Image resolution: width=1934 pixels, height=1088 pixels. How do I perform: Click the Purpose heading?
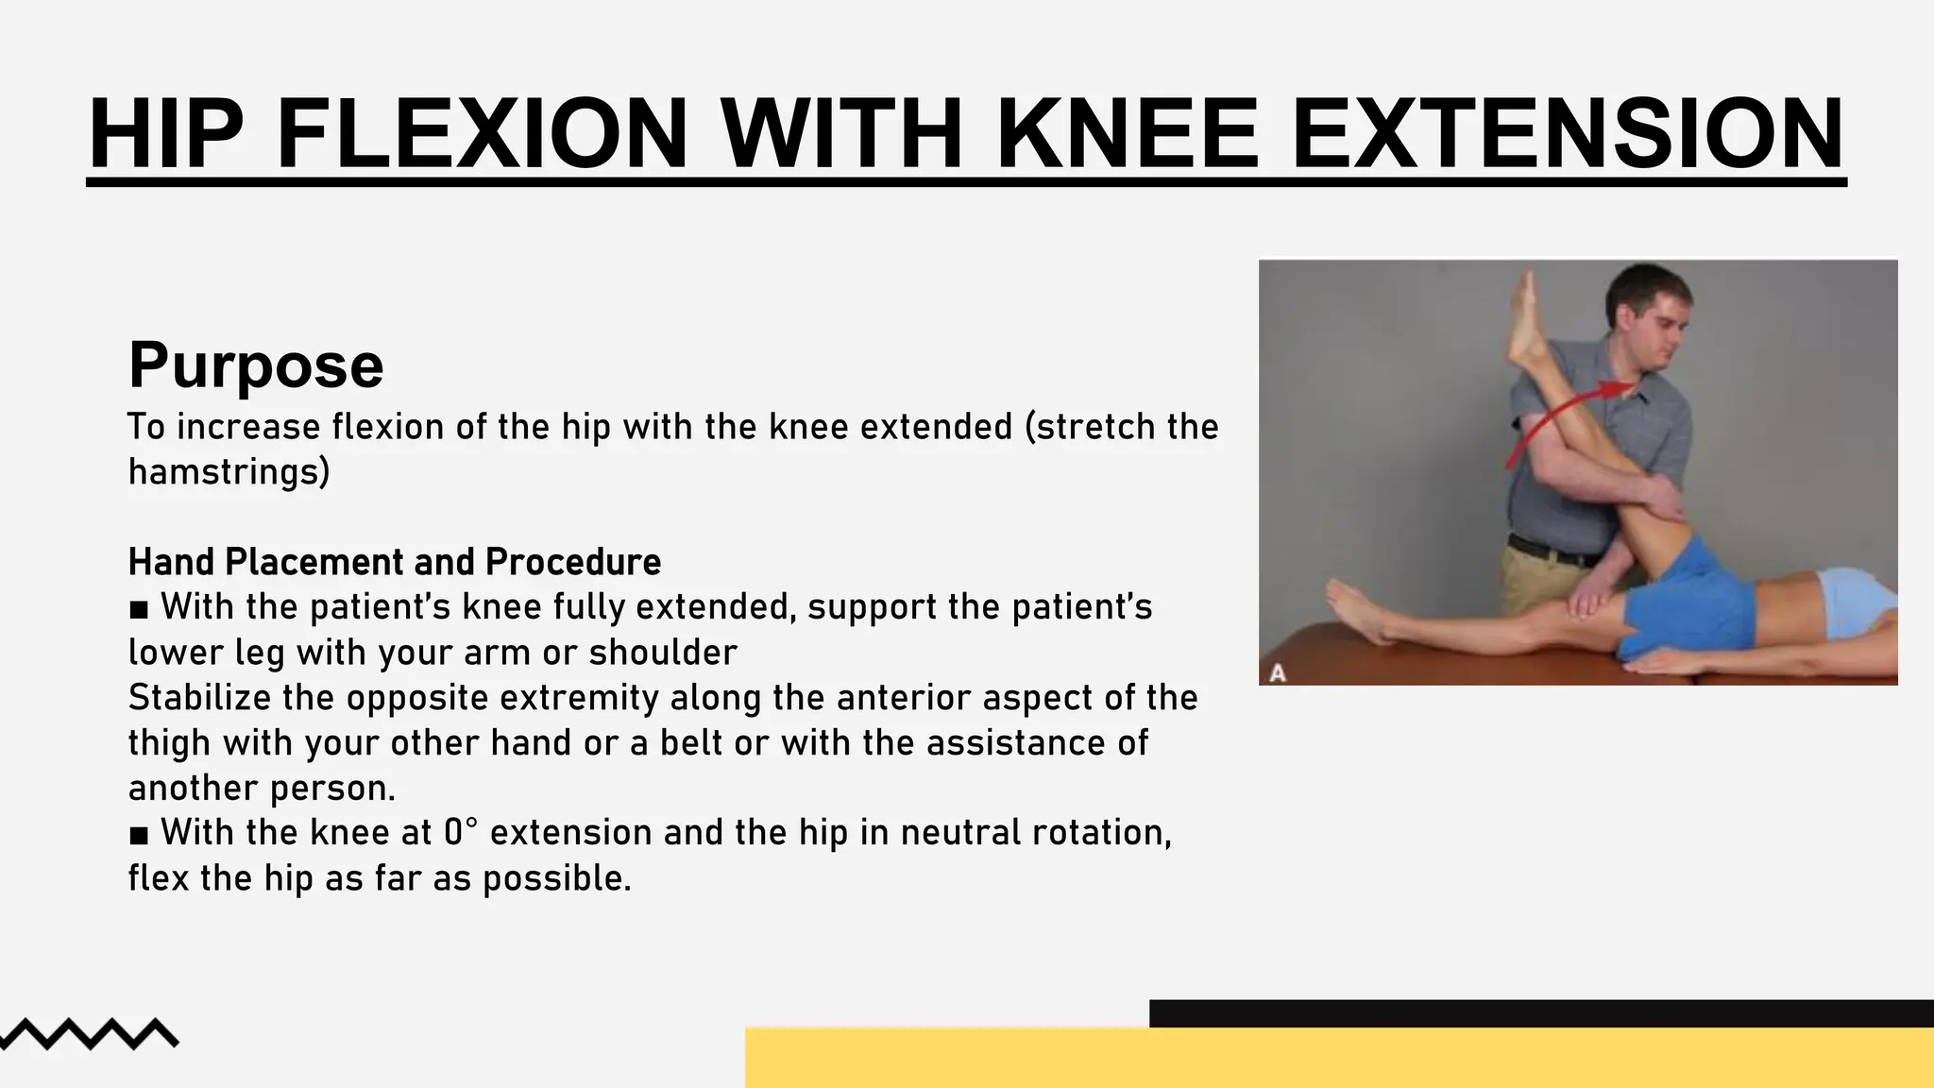click(x=256, y=365)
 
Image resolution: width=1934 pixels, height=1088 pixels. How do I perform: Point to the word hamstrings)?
click(x=229, y=471)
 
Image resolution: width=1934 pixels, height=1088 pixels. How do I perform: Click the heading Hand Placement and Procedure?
click(x=395, y=562)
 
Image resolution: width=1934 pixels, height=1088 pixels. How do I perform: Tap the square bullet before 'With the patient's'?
click(x=139, y=609)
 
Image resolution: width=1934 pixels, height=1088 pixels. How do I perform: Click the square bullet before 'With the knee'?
click(x=139, y=835)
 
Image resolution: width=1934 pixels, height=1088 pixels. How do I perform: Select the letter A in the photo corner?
click(x=1278, y=672)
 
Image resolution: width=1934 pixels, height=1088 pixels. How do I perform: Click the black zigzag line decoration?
click(x=90, y=1033)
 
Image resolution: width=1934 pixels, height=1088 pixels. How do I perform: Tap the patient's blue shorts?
click(x=1690, y=604)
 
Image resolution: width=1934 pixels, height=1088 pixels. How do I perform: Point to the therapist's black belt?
click(x=1549, y=551)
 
